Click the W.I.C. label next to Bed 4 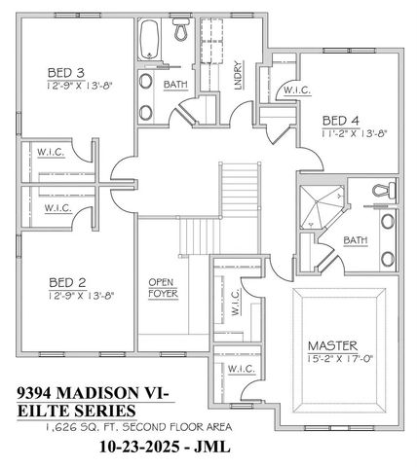tap(295, 91)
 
